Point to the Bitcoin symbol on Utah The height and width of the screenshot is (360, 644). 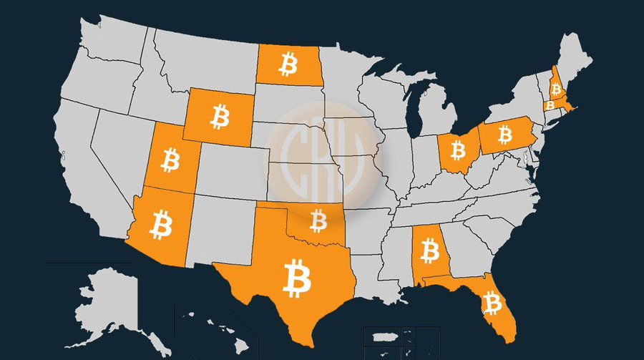[x=170, y=160]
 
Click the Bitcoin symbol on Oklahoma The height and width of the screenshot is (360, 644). [x=318, y=220]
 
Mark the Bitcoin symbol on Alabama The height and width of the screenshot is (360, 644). [x=429, y=251]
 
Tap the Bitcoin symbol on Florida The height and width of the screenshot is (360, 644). [x=492, y=303]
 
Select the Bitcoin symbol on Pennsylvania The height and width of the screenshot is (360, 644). [x=504, y=134]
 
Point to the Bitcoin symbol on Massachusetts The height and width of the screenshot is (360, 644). [x=550, y=104]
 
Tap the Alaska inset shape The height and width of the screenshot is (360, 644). [x=107, y=301]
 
